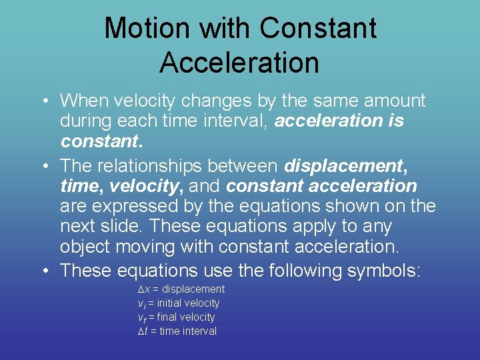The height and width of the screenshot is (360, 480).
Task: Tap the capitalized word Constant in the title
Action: [318, 28]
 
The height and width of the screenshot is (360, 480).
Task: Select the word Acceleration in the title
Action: [239, 63]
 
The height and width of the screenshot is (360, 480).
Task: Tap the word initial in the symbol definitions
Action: [170, 303]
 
